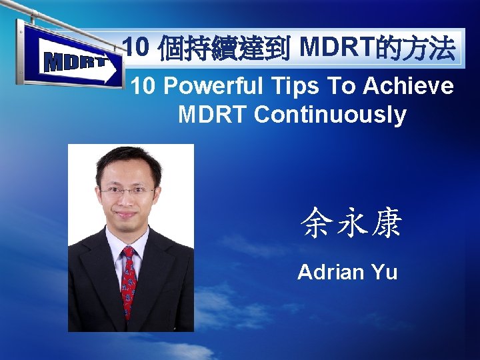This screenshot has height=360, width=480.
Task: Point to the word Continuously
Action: pos(330,115)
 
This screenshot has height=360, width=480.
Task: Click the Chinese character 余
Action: pos(315,223)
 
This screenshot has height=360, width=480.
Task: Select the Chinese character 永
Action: pos(351,223)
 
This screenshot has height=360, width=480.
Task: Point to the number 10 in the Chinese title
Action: pos(136,49)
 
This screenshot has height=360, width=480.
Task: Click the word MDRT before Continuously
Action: pos(213,115)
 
